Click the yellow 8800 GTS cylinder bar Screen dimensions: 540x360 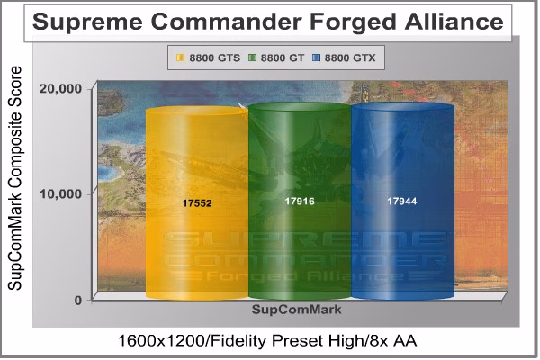(x=197, y=203)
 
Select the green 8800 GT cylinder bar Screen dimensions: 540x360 (x=300, y=201)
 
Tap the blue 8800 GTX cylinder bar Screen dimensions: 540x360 (x=402, y=201)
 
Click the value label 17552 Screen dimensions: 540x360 (x=197, y=203)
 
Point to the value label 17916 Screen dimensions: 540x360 (x=300, y=201)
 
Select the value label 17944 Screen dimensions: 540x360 (x=402, y=201)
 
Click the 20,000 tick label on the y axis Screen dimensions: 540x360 (x=60, y=89)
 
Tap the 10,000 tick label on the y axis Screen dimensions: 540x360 (x=60, y=194)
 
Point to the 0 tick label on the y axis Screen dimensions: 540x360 (x=78, y=300)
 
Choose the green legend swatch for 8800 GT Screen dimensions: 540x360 (x=252, y=58)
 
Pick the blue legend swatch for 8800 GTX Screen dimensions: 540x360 (x=316, y=58)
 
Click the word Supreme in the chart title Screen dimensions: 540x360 (x=87, y=22)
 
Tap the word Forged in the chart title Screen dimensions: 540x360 (x=351, y=22)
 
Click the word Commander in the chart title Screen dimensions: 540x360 (x=227, y=22)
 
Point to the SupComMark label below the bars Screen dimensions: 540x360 (x=296, y=310)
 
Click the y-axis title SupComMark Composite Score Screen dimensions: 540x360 (x=14, y=178)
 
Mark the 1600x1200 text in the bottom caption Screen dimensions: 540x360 (x=163, y=341)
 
